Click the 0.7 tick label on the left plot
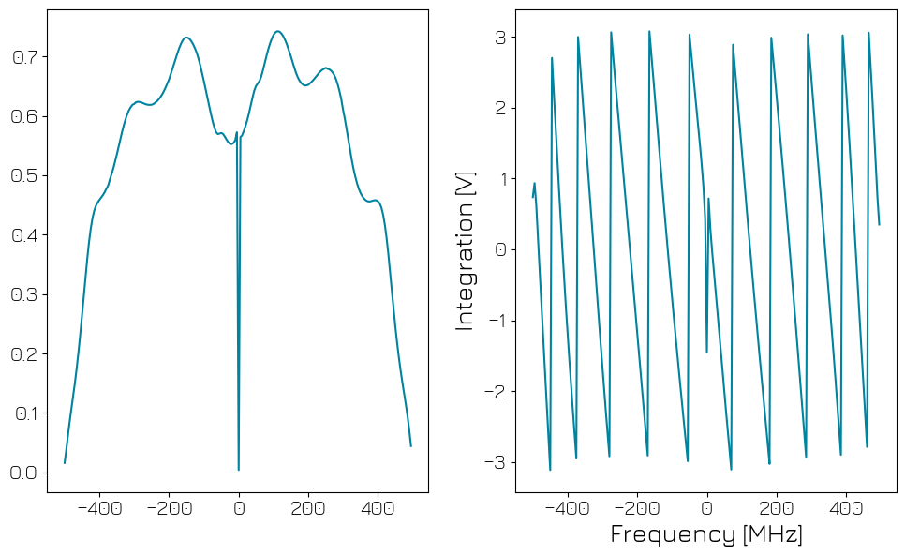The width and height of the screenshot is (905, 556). pos(23,57)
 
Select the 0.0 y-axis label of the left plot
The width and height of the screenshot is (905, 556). pos(23,473)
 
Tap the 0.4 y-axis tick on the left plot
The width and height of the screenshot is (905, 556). pos(23,235)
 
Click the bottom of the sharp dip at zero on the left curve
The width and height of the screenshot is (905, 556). pos(239,469)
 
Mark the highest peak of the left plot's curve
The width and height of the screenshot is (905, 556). pos(277,31)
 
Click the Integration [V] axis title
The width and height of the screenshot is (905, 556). pos(466,250)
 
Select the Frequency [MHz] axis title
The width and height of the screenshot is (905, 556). pos(706,535)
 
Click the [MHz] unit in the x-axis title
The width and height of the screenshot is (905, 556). pos(772,535)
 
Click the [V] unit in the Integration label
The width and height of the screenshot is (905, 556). pos(466,185)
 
